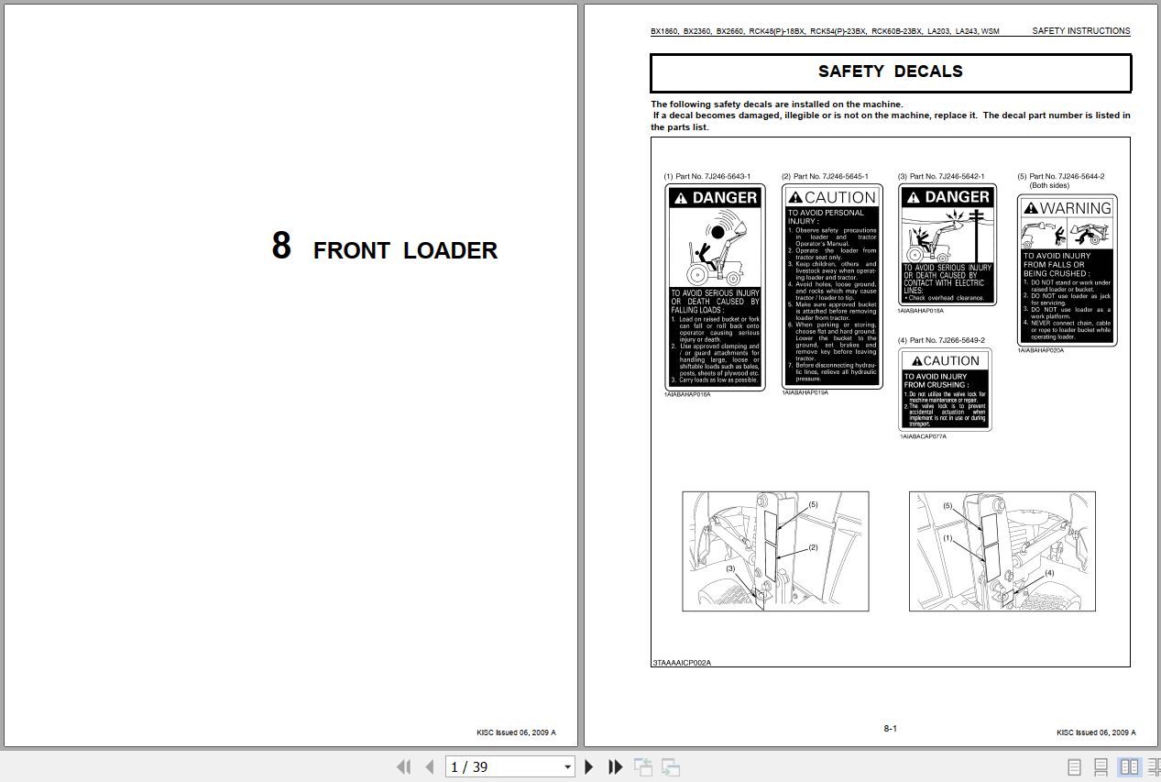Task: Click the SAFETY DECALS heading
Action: click(x=890, y=72)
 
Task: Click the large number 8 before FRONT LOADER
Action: click(x=281, y=246)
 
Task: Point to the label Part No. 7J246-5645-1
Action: click(x=825, y=176)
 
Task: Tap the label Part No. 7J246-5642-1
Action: click(x=941, y=176)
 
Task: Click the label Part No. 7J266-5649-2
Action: click(x=941, y=340)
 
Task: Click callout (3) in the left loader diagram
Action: click(x=730, y=568)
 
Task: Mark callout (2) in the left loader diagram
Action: click(x=813, y=547)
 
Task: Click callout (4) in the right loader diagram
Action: click(x=1049, y=573)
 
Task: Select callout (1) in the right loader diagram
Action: click(x=947, y=538)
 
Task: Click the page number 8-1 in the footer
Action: click(x=890, y=729)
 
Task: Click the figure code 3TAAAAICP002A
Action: click(x=682, y=662)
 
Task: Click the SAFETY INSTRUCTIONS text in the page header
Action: click(x=1080, y=31)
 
